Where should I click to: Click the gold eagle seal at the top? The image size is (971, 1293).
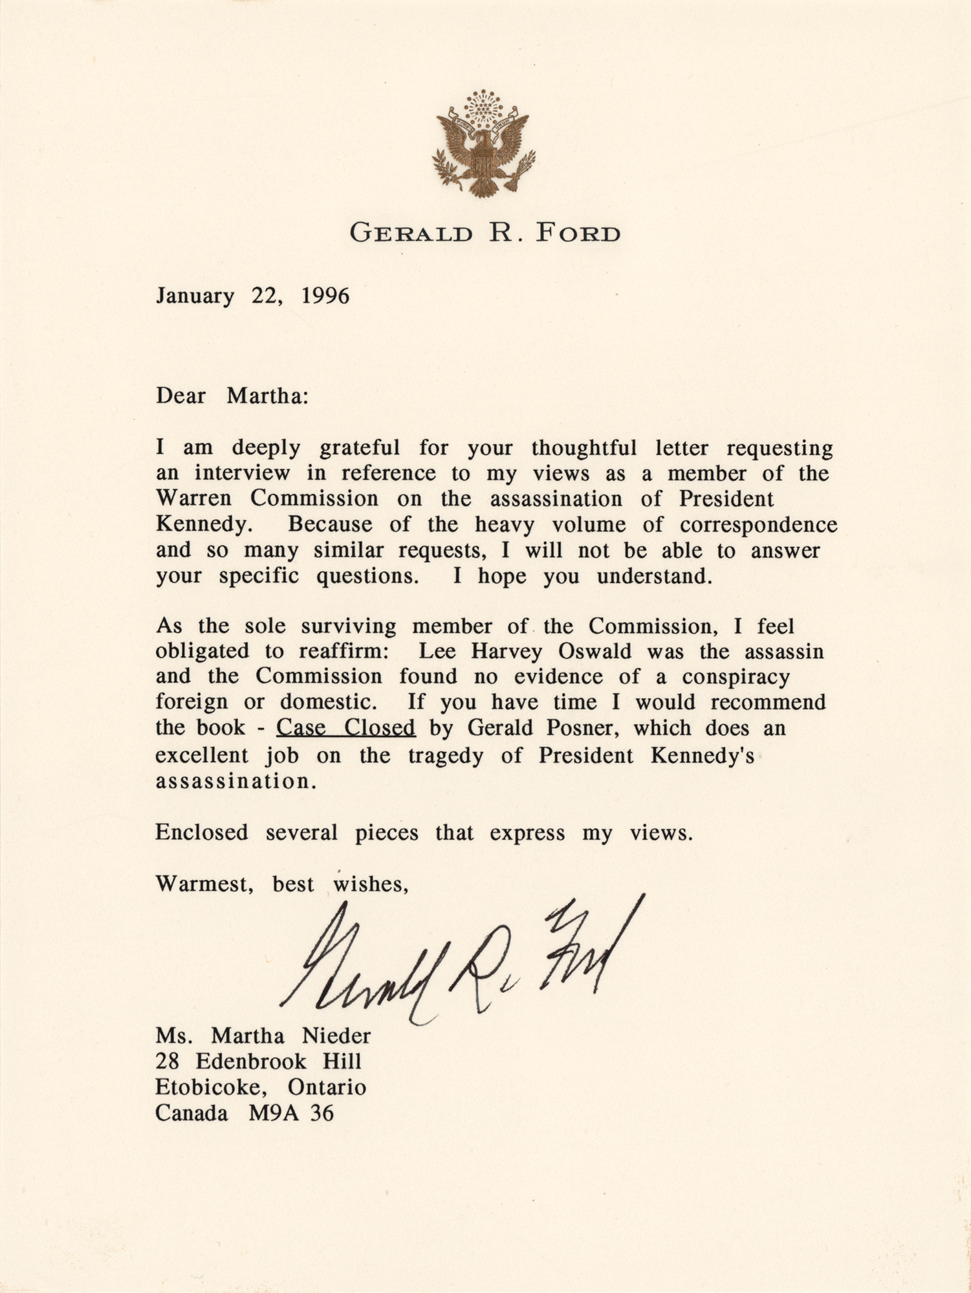click(x=483, y=144)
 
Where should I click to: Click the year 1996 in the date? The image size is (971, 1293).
click(x=325, y=296)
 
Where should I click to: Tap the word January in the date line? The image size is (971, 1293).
click(x=195, y=297)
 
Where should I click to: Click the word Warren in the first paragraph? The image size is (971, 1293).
click(x=193, y=498)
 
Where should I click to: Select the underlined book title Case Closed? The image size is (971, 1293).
click(x=345, y=728)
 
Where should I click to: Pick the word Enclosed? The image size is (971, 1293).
click(x=201, y=832)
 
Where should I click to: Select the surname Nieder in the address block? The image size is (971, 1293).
click(x=336, y=1036)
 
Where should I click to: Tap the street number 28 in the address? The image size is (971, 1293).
click(x=167, y=1062)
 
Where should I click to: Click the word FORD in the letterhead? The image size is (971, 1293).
click(x=577, y=233)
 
